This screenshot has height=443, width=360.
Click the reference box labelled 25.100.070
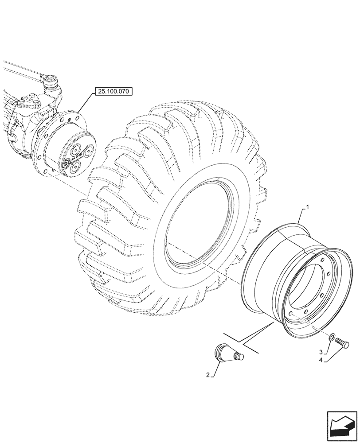click(x=114, y=92)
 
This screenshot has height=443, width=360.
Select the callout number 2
click(x=207, y=375)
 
